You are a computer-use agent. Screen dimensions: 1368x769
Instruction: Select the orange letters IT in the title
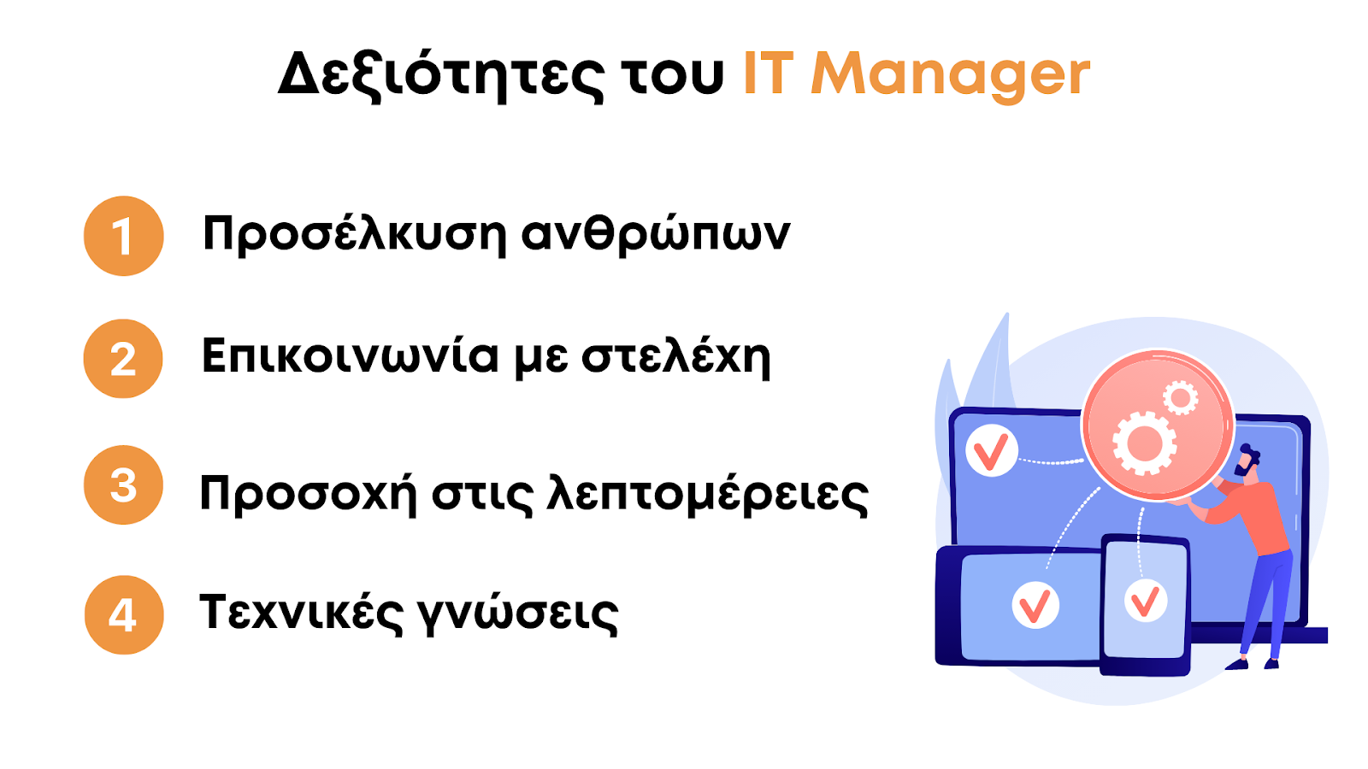pos(769,73)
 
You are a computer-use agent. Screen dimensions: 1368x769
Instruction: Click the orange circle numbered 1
pos(124,236)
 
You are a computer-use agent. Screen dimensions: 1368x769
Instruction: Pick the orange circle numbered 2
pos(123,359)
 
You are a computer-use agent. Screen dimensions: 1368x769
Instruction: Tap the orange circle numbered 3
pos(123,485)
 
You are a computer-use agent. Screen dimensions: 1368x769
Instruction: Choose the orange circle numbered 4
pos(124,615)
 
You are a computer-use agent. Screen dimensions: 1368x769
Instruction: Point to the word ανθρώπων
pos(656,234)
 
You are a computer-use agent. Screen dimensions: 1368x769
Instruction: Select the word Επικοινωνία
pos(351,355)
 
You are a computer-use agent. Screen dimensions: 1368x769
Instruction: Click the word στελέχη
pos(675,357)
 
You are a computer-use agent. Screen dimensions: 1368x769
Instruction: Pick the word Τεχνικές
pos(301,612)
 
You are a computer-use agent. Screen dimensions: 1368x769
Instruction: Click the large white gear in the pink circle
pos(1145,443)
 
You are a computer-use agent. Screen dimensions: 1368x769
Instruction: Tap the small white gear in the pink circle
pos(1181,398)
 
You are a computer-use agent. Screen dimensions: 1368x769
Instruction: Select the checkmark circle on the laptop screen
pos(992,450)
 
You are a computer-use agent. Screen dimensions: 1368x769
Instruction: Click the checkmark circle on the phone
pos(1146,601)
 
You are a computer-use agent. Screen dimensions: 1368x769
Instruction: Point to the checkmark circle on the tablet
pos(1035,605)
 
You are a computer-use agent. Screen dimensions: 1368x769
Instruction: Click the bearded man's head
pos(1247,461)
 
